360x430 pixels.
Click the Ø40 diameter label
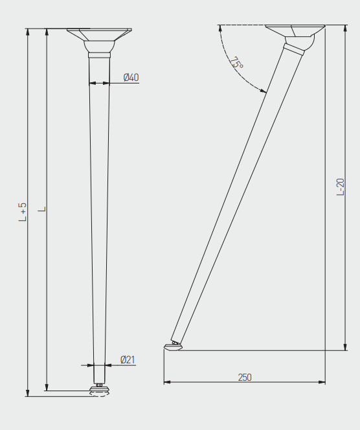click(x=131, y=77)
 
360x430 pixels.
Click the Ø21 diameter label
click(x=128, y=359)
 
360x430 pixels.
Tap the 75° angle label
click(x=236, y=63)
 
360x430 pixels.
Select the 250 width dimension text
click(x=245, y=378)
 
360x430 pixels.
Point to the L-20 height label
click(x=341, y=187)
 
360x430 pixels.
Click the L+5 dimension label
click(x=23, y=212)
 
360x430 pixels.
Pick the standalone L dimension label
click(x=42, y=209)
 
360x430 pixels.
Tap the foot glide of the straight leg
click(x=98, y=390)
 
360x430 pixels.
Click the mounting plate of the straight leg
click(x=99, y=34)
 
